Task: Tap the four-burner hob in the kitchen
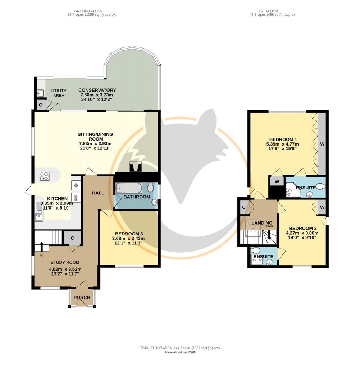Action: tap(45, 176)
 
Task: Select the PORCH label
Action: tap(82, 297)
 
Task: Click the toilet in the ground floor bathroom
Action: tap(150, 187)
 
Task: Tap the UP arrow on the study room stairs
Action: tap(42, 247)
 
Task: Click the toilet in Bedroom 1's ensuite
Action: tap(320, 187)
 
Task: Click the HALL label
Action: tap(98, 193)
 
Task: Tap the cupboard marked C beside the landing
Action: tap(244, 207)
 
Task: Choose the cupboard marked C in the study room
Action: tap(72, 238)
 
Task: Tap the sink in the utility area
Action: tap(39, 93)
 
